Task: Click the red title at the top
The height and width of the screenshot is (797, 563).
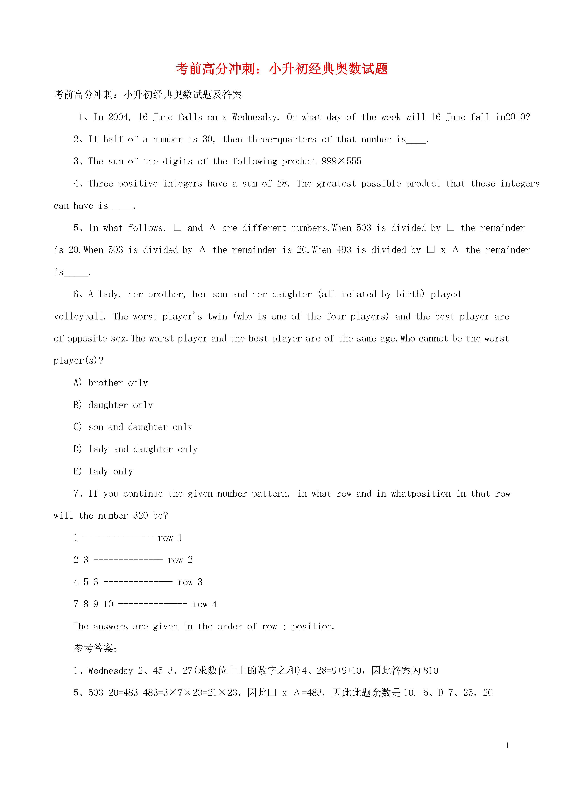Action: [x=282, y=69]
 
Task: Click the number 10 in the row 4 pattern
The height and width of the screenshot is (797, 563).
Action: [x=108, y=604]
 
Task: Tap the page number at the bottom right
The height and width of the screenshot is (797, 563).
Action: [x=507, y=746]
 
